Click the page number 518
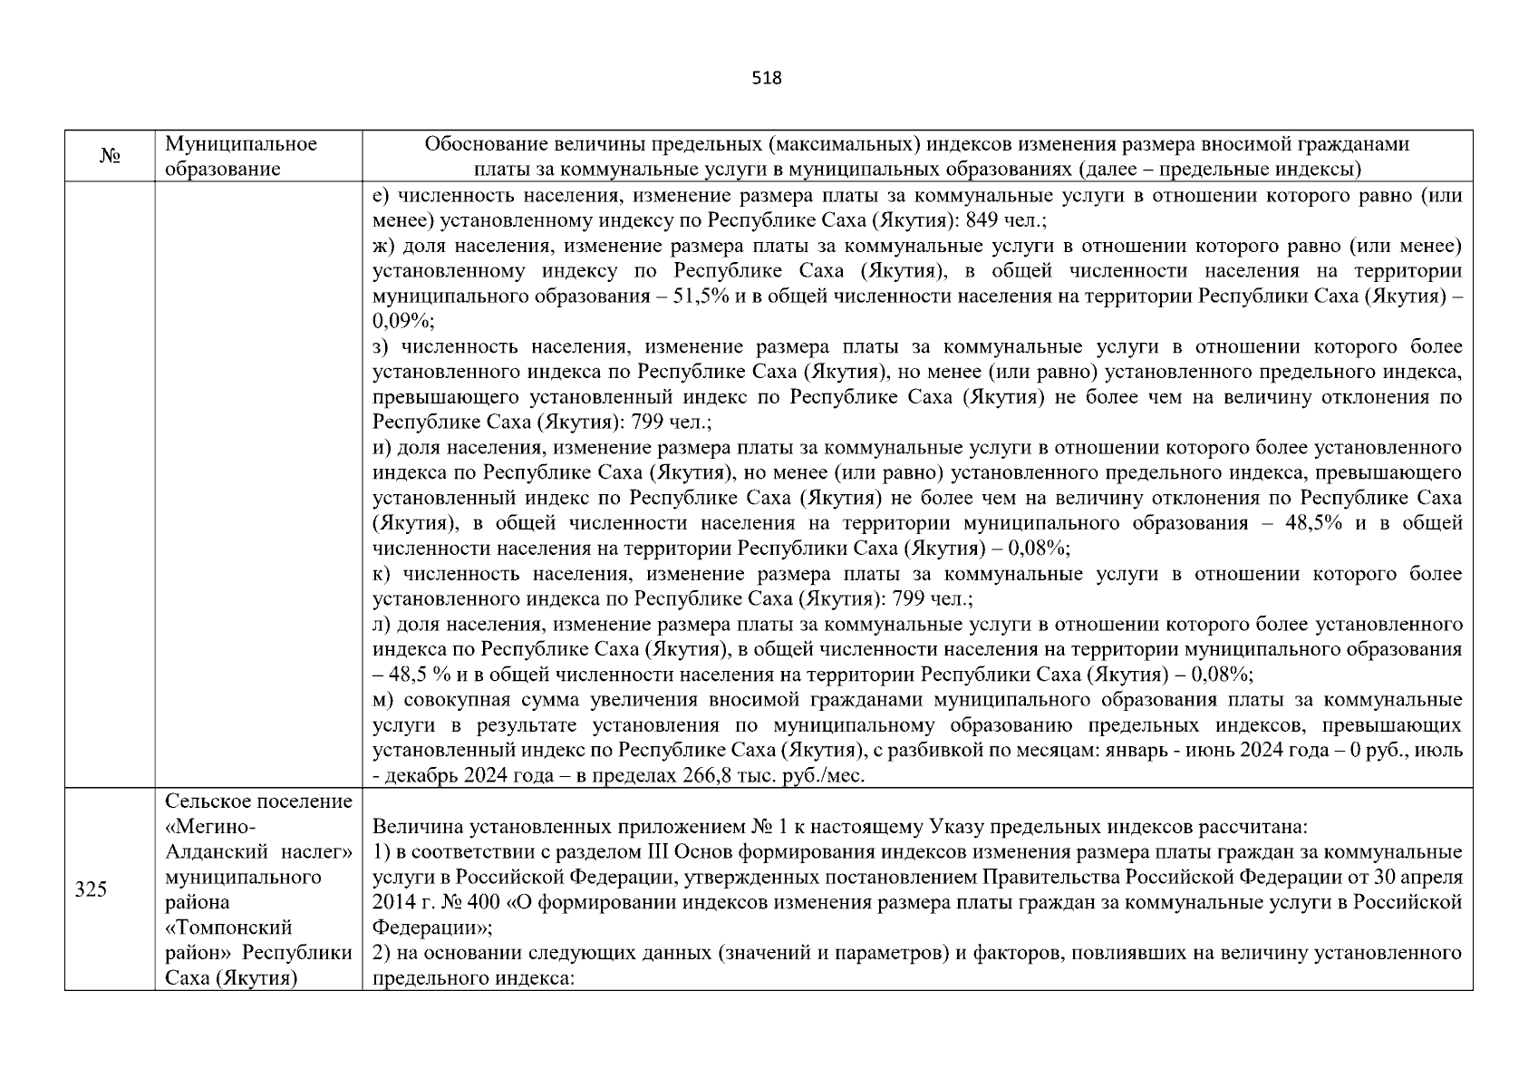click(767, 78)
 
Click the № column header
click(110, 157)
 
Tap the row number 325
click(91, 889)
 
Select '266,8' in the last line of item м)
click(710, 776)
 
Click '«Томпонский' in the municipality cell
click(228, 928)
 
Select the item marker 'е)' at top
click(382, 196)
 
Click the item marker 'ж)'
click(384, 246)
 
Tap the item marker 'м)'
click(383, 700)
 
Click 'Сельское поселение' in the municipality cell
click(258, 802)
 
